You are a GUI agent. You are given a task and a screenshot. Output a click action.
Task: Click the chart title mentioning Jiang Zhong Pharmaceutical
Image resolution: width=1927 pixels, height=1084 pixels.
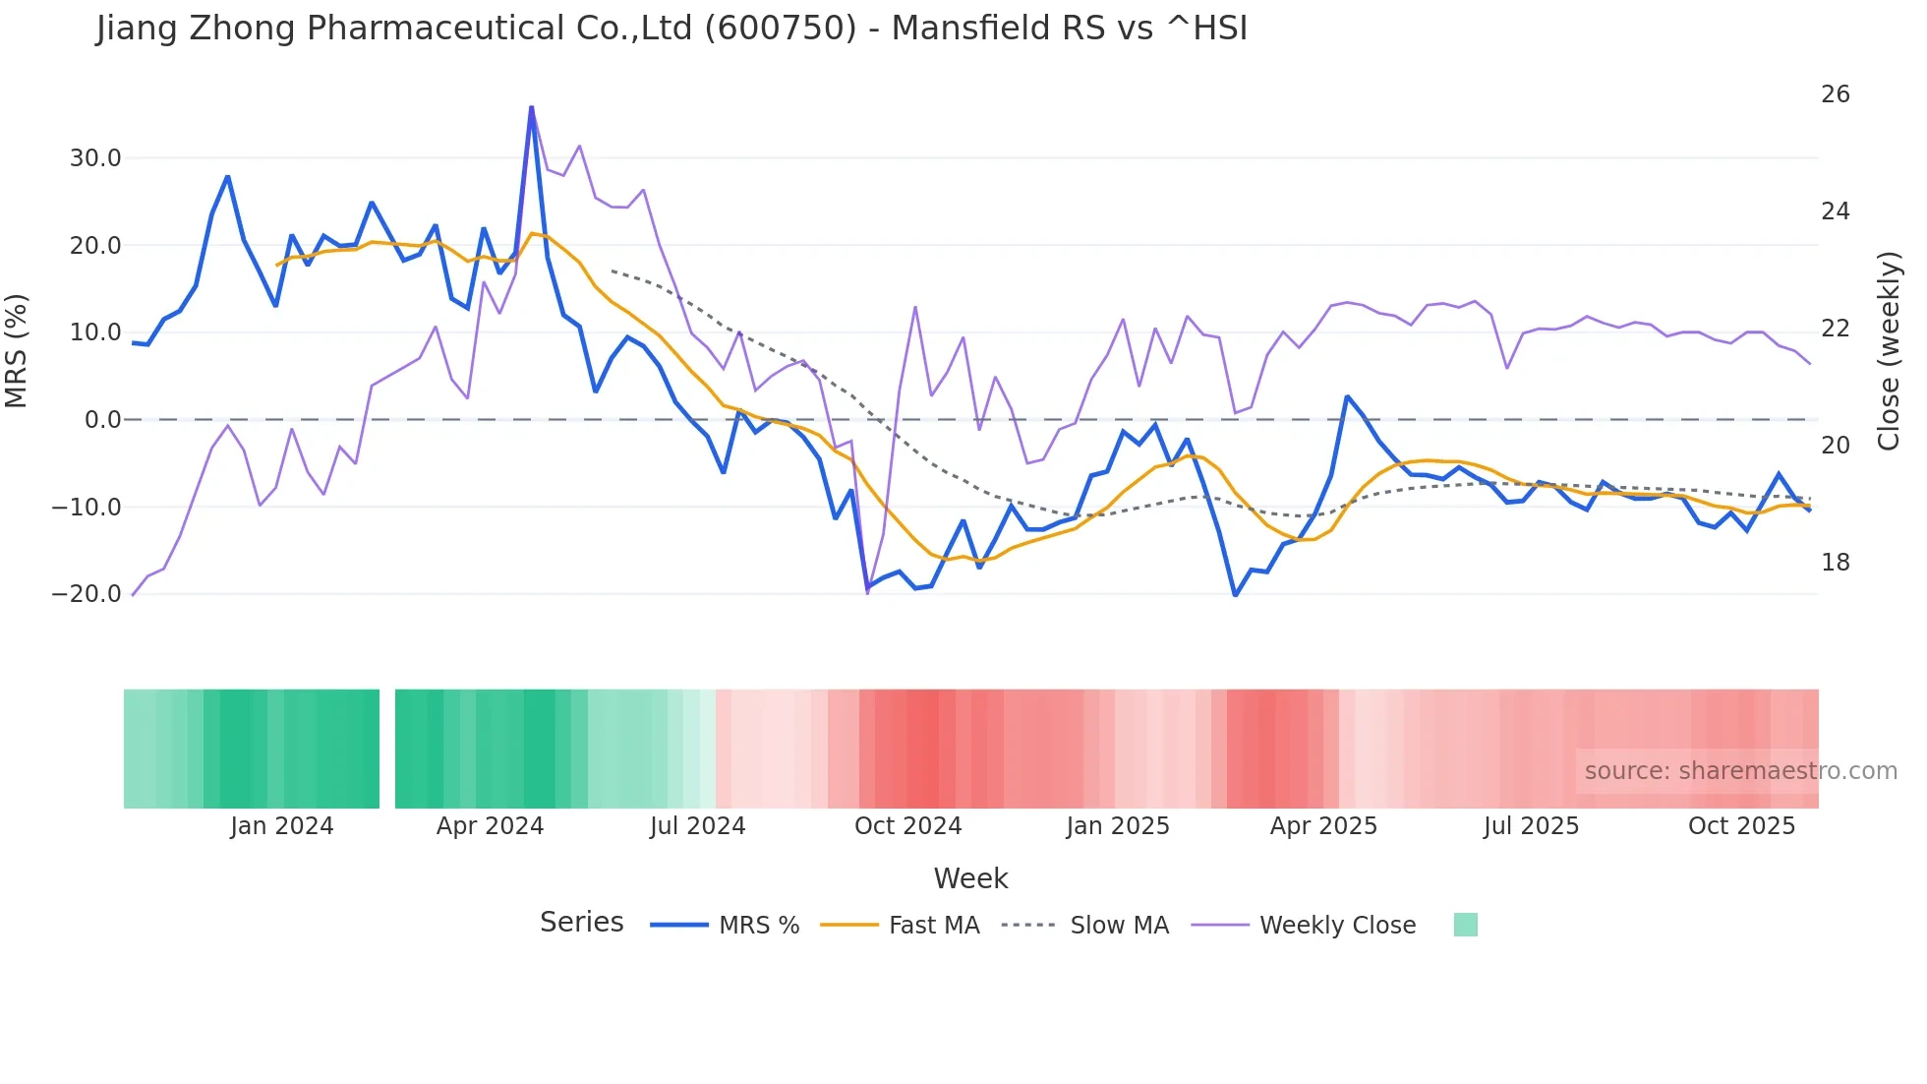coord(672,28)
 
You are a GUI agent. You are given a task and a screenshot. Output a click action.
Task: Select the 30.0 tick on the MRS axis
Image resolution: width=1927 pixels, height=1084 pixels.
coord(95,158)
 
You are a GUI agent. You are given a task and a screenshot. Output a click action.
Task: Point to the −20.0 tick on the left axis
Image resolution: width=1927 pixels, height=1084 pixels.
coord(88,594)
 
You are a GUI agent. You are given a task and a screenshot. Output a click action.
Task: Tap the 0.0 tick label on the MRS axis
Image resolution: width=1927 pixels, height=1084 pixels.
coord(103,420)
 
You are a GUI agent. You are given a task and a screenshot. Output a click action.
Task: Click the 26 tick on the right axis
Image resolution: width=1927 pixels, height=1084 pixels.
coord(1835,94)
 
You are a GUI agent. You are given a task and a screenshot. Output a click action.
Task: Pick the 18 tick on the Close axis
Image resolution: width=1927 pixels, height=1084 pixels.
coord(1835,563)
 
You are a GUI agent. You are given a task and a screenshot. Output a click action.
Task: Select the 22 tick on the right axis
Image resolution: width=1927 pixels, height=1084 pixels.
coord(1835,329)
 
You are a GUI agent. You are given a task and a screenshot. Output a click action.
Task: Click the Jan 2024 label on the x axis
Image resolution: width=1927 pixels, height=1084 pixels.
coord(282,826)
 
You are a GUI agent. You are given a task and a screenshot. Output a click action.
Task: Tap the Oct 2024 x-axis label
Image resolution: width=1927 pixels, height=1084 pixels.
coord(907,826)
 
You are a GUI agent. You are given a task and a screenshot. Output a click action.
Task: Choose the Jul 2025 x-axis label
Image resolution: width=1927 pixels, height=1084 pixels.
coord(1531,826)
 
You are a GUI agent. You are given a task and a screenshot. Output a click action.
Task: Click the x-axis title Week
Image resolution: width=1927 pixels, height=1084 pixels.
coord(970,878)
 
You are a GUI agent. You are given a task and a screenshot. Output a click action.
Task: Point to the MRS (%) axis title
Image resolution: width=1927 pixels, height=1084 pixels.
coord(17,351)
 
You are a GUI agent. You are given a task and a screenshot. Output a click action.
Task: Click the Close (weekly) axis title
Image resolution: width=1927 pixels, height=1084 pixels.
coord(1889,351)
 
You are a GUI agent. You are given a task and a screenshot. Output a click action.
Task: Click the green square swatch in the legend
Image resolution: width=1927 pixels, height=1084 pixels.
coord(1465,925)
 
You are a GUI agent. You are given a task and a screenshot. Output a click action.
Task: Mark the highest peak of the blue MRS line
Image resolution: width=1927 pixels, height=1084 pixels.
coord(532,107)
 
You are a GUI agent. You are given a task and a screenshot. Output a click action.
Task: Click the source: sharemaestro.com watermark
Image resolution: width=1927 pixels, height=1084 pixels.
coord(1740,771)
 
